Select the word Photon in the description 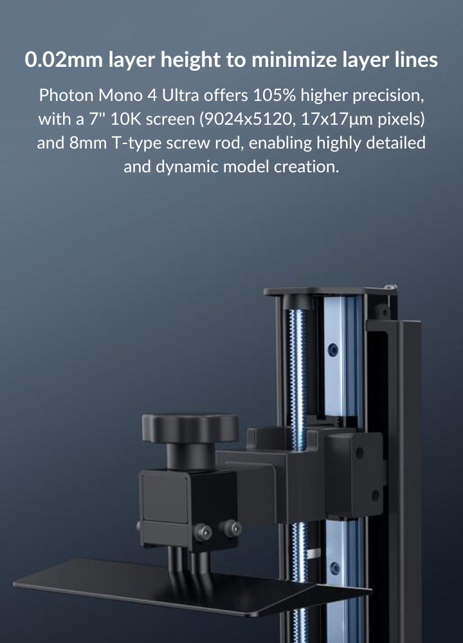[62, 96]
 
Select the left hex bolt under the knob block [205, 532]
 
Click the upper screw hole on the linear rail [332, 349]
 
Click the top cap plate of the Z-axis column [328, 291]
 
